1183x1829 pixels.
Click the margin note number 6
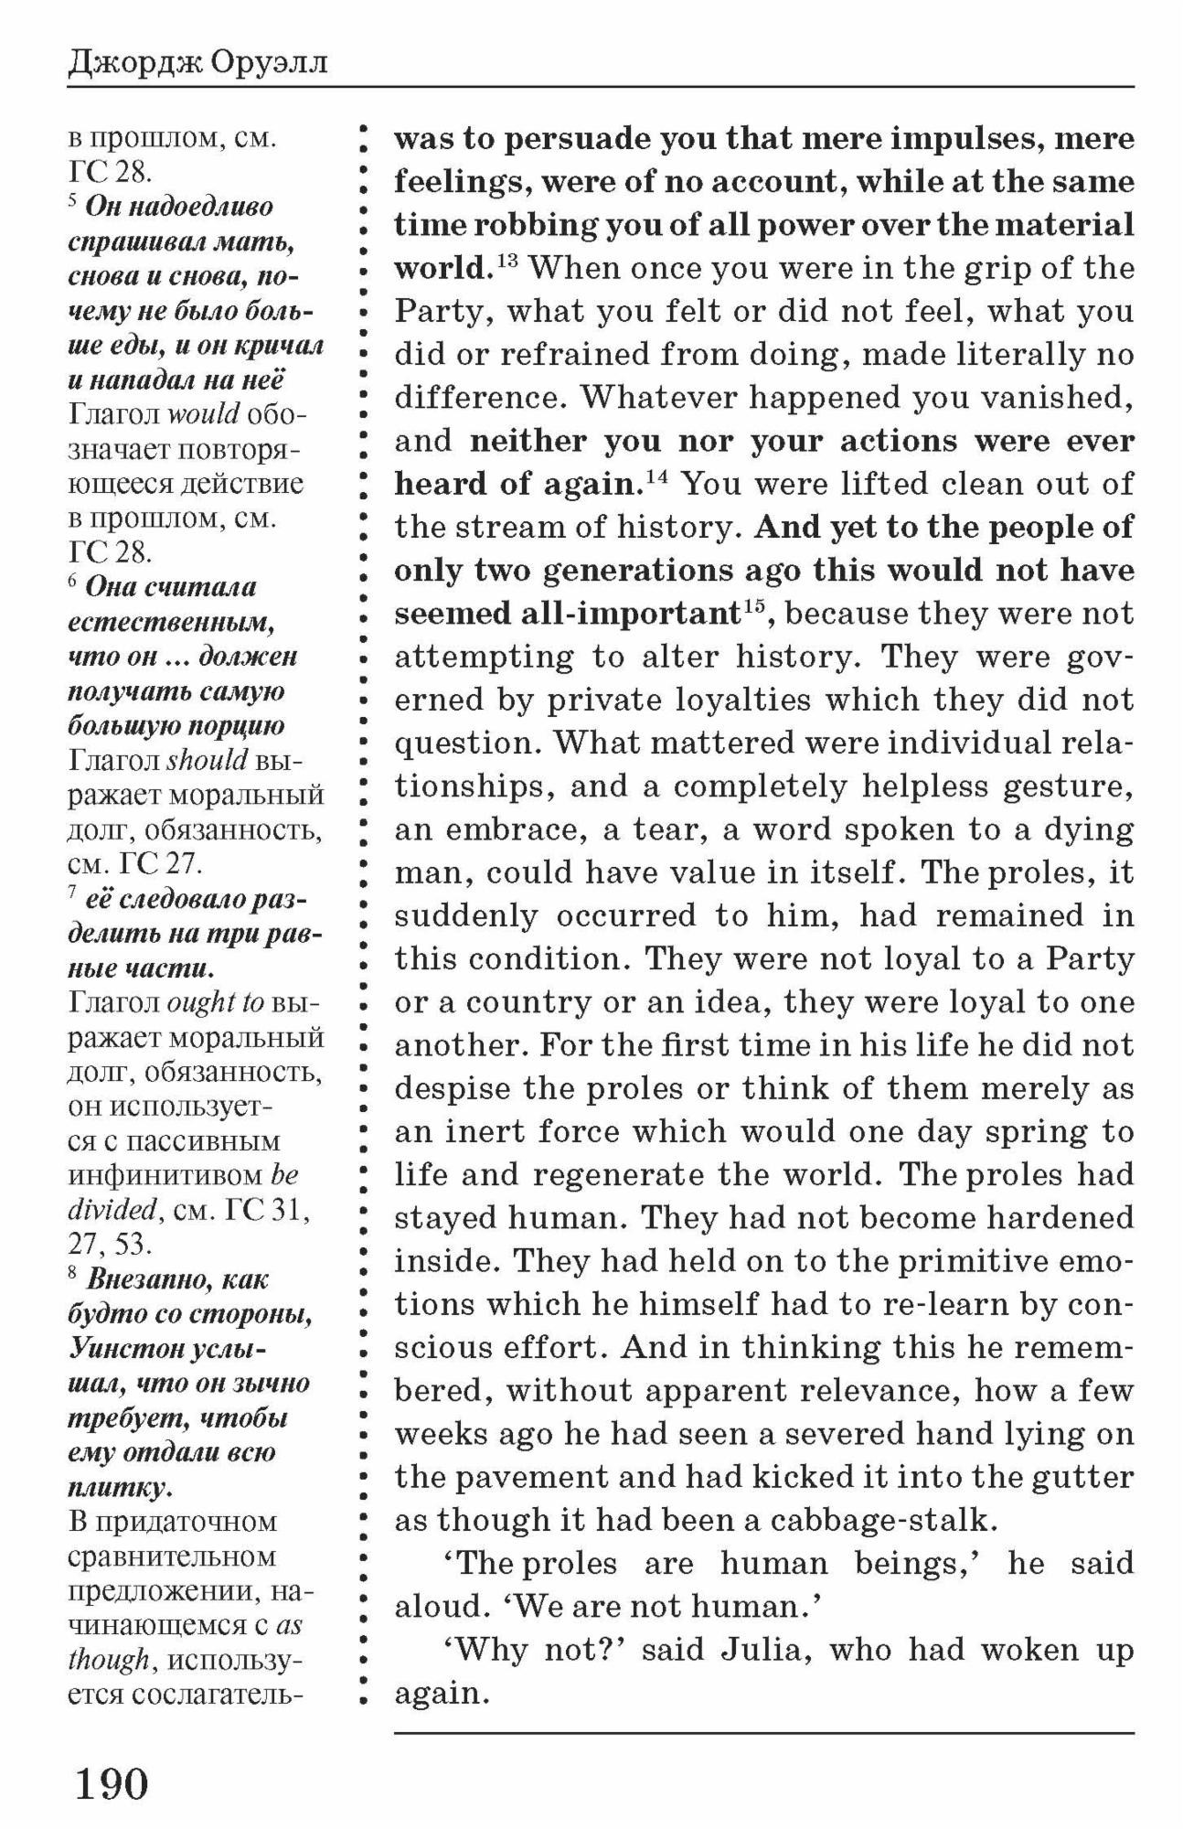click(72, 582)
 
